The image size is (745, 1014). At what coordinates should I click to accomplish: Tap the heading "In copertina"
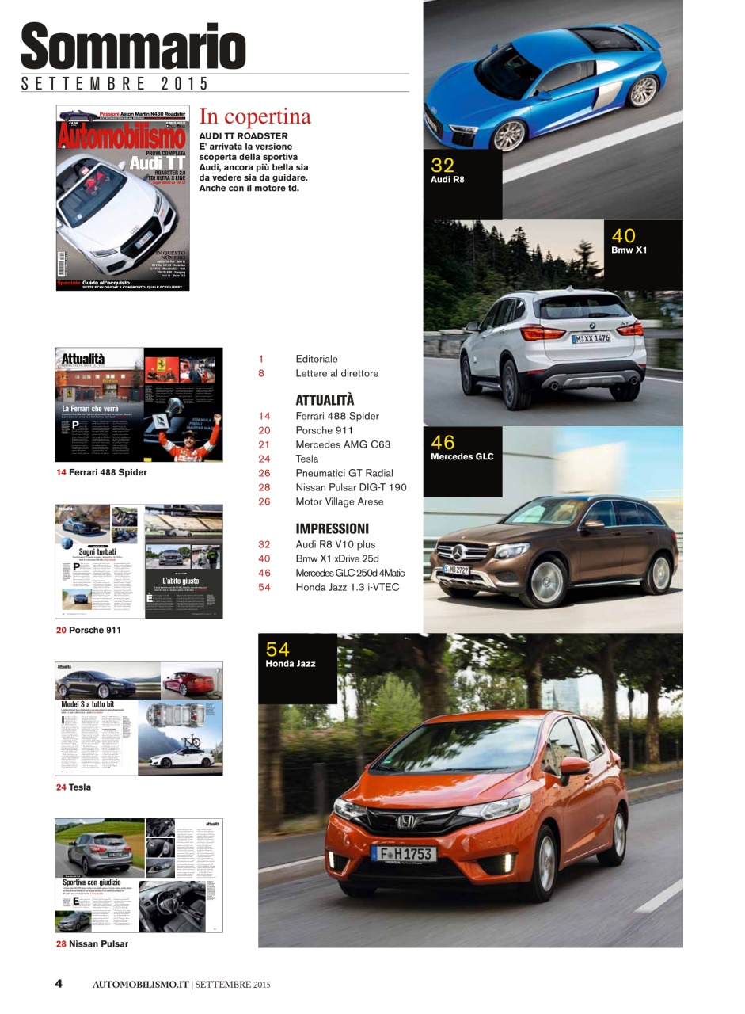(x=255, y=116)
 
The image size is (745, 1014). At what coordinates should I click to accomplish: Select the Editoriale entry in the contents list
(x=316, y=359)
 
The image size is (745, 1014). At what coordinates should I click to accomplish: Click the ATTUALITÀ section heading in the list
(x=325, y=400)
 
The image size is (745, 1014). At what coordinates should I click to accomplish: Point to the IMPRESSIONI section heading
(x=332, y=528)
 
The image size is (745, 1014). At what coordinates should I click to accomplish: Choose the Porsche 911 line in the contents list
(x=324, y=430)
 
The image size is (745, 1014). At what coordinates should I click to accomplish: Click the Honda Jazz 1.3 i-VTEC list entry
(x=347, y=587)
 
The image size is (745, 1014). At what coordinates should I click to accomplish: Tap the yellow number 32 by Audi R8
(x=443, y=165)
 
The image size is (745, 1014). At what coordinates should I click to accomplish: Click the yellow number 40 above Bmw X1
(x=623, y=235)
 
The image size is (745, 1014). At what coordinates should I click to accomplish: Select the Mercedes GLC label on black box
(x=462, y=456)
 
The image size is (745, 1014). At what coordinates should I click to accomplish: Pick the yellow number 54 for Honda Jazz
(x=277, y=650)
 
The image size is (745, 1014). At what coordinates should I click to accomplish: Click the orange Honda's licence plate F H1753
(x=404, y=853)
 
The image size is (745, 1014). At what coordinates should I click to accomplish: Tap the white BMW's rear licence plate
(x=591, y=338)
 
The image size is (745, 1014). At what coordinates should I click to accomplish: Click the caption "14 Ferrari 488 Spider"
(x=101, y=472)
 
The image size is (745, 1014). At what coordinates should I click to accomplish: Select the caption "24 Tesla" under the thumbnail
(x=73, y=787)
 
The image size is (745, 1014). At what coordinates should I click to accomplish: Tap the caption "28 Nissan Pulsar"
(x=92, y=943)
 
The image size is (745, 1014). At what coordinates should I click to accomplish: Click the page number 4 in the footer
(x=59, y=984)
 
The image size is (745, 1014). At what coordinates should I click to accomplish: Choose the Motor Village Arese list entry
(x=339, y=501)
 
